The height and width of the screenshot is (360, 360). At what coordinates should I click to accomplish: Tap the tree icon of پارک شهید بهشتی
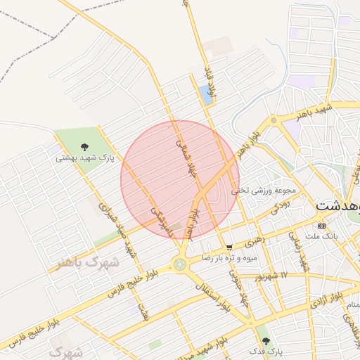pos(84,148)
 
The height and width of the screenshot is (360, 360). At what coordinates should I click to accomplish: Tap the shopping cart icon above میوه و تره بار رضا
pos(230,247)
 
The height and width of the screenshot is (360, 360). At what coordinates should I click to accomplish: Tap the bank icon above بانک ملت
pos(321,226)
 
